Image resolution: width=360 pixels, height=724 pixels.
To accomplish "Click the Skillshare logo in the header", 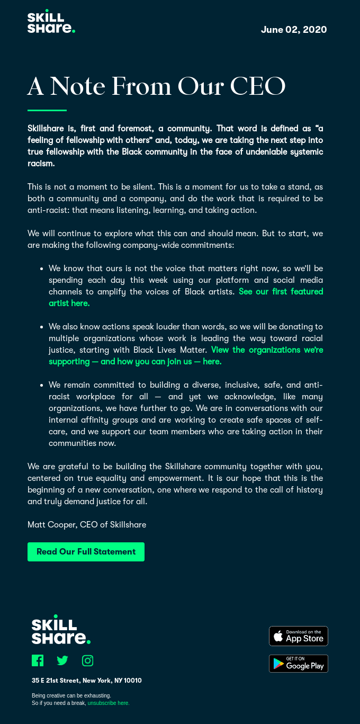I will point(51,22).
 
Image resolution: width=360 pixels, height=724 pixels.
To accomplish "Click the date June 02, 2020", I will point(294,30).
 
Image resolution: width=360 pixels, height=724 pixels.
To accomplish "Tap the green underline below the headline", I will point(47,110).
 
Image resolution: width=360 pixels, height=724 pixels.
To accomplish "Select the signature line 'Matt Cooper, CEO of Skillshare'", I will point(87,525).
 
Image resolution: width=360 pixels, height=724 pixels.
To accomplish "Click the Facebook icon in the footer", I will point(38,660).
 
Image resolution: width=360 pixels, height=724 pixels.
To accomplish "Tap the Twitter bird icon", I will point(62,660).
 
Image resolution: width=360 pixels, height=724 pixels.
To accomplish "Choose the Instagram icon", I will point(88,660).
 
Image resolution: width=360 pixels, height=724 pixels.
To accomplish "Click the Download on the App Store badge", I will point(299,636).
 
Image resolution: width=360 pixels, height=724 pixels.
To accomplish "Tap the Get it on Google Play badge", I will point(299,664).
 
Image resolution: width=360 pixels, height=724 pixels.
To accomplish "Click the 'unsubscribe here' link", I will point(109,703).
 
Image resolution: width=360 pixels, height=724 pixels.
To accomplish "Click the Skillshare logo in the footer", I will point(61,630).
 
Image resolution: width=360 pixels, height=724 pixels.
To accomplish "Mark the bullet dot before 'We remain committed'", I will point(41,385).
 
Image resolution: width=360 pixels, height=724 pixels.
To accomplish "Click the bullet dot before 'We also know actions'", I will point(41,327).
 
